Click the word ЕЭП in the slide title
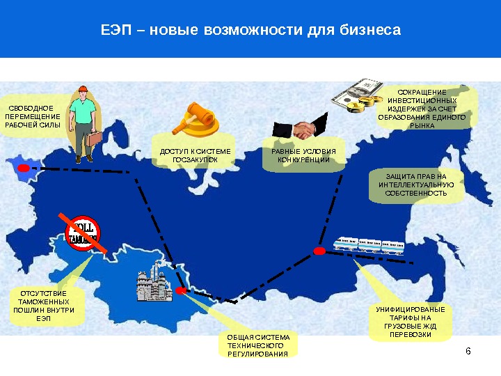pyautogui.click(x=116, y=30)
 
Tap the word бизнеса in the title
pyautogui.click(x=370, y=30)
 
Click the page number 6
pyautogui.click(x=468, y=351)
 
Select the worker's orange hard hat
pyautogui.click(x=83, y=89)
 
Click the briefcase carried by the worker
pyautogui.click(x=94, y=139)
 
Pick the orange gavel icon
pyautogui.click(x=196, y=119)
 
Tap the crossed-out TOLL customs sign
pyautogui.click(x=83, y=233)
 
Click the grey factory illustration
pyautogui.click(x=154, y=282)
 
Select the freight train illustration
pyautogui.click(x=369, y=246)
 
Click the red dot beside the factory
pyautogui.click(x=181, y=290)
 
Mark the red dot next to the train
pyautogui.click(x=319, y=251)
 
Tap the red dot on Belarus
pyautogui.click(x=24, y=168)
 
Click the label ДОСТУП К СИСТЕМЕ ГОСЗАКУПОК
pyautogui.click(x=195, y=155)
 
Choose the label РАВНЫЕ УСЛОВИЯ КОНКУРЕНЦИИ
pyautogui.click(x=303, y=155)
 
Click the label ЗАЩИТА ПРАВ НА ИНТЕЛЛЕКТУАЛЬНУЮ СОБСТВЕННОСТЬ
pyautogui.click(x=416, y=185)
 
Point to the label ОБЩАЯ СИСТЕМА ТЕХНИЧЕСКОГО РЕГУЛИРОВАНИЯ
pyautogui.click(x=258, y=345)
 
